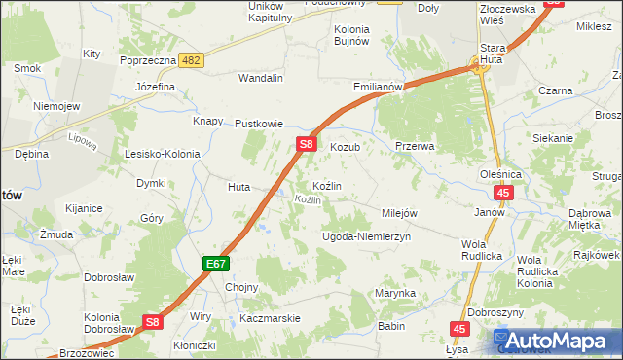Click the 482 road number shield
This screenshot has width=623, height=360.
(x=192, y=60)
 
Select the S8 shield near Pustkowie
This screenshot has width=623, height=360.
(x=306, y=144)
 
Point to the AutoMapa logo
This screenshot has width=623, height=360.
(x=559, y=341)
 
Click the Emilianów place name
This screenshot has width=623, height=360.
(x=379, y=87)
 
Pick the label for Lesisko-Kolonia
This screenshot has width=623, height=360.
(x=162, y=154)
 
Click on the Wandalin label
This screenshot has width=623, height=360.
(x=261, y=77)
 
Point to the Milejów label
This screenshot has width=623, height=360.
(x=399, y=213)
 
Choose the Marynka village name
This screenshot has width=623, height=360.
(x=396, y=293)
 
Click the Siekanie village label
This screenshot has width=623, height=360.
(x=553, y=138)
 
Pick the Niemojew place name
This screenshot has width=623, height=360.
(x=55, y=106)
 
